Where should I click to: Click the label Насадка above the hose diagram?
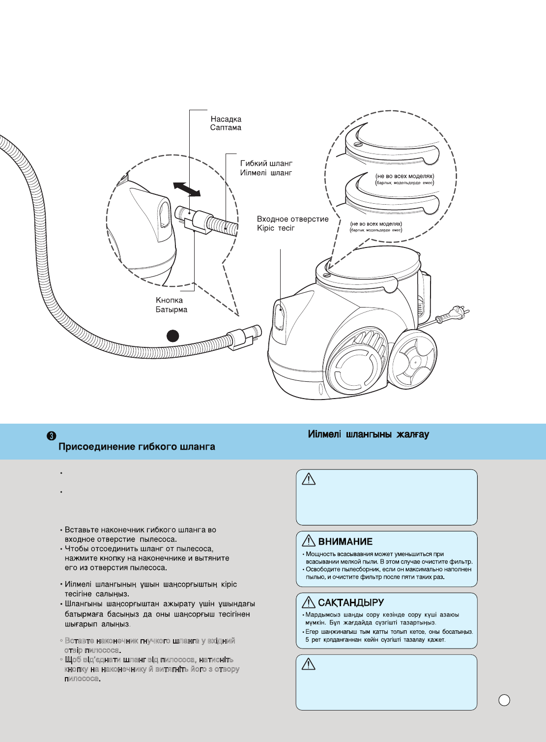click(226, 119)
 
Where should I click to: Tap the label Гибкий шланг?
click(266, 163)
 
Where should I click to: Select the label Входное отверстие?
click(292, 219)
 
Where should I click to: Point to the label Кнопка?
click(169, 300)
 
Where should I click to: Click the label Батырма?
click(172, 309)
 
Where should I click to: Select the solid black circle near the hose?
click(172, 337)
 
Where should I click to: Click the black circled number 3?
click(52, 435)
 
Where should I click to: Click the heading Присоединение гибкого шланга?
click(137, 447)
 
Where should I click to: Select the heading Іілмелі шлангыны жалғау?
click(368, 434)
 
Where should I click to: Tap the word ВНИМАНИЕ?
click(345, 542)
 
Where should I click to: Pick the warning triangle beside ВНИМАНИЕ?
click(308, 541)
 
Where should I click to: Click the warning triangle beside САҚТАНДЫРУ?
click(308, 602)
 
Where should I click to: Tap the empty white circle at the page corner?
click(504, 700)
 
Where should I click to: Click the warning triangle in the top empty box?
click(308, 479)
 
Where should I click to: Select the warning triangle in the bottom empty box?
click(308, 664)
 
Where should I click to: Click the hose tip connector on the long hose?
click(243, 337)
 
